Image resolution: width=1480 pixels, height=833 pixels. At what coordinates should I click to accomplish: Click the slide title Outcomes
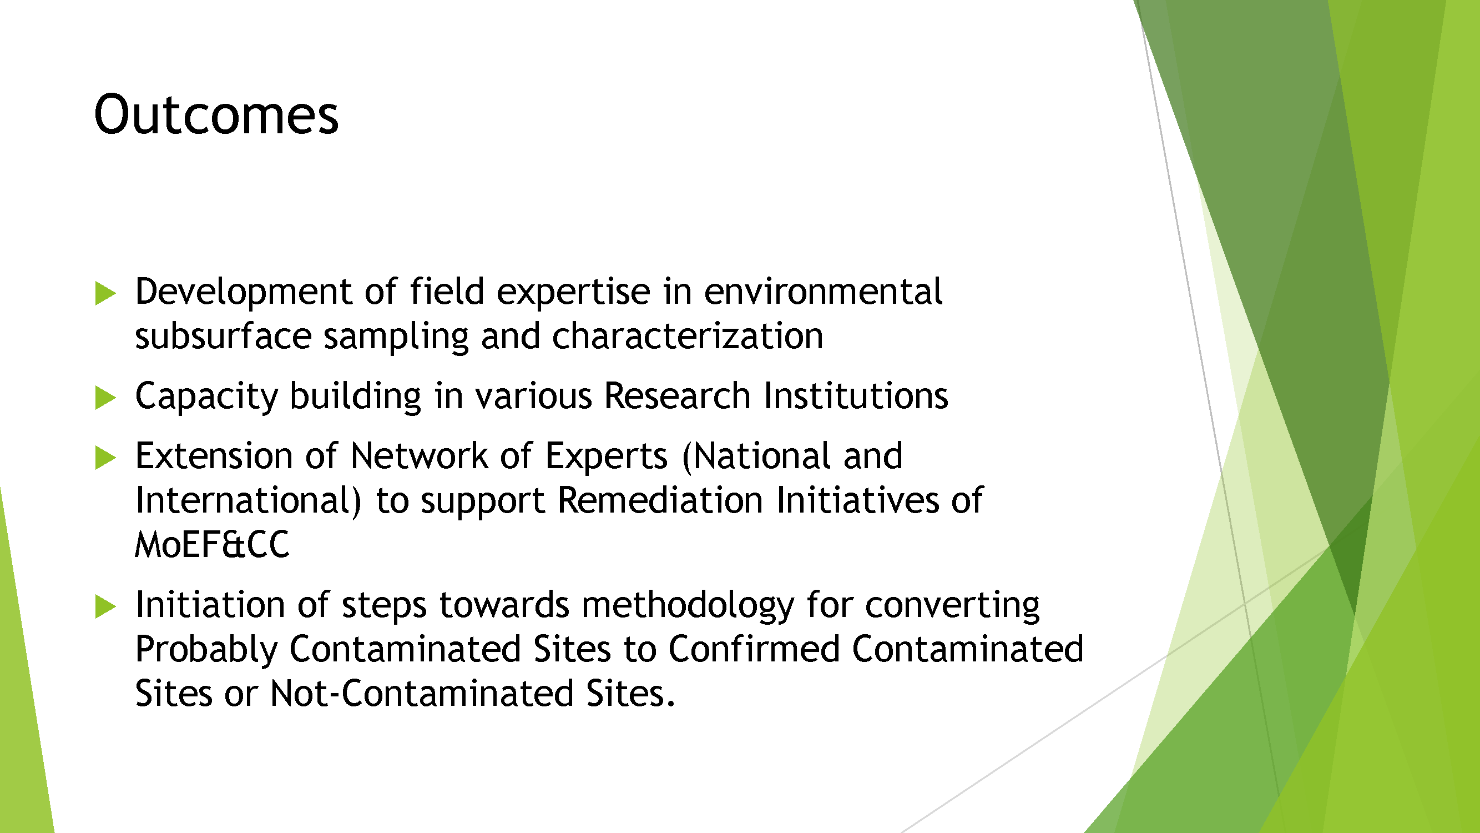216,115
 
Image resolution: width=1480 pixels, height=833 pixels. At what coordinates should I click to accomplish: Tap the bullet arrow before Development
105,293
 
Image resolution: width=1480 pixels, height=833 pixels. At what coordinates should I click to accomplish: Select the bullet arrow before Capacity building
105,398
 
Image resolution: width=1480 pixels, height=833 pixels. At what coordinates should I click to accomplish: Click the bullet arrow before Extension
105,458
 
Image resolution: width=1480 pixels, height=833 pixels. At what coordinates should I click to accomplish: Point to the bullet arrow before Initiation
105,606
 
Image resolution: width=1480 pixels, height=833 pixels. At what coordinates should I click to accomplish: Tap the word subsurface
223,336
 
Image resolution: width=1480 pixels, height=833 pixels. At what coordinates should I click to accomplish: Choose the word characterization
688,336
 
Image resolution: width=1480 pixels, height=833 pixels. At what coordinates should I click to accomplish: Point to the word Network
419,456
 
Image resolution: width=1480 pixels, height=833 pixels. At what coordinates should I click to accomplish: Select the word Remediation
660,500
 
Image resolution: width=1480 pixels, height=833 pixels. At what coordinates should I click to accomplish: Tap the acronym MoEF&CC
212,545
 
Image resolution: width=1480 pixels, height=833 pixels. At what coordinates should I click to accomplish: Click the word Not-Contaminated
422,693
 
